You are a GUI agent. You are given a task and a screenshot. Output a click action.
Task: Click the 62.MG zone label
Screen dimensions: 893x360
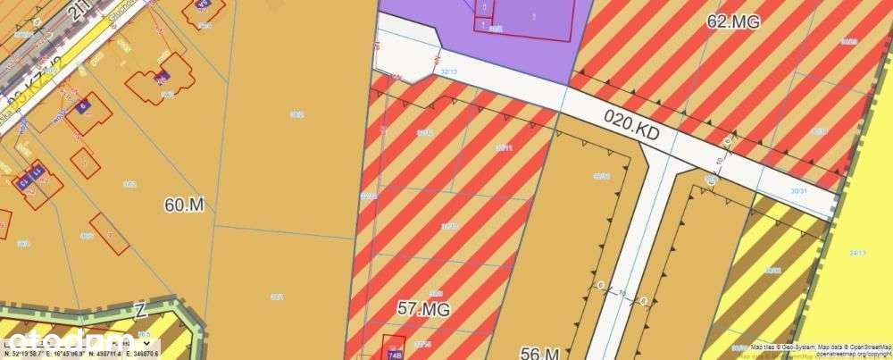pyautogui.click(x=732, y=21)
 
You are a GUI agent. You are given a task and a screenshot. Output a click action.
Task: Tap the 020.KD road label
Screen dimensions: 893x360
pyautogui.click(x=630, y=130)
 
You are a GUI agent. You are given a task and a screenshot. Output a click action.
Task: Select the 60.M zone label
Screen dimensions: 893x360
pyautogui.click(x=185, y=205)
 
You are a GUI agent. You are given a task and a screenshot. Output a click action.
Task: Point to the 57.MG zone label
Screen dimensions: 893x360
pyautogui.click(x=423, y=309)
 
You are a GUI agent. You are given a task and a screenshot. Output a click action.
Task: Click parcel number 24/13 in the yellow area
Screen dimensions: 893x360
pyautogui.click(x=859, y=253)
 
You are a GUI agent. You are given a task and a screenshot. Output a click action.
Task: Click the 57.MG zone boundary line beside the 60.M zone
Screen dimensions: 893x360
pyautogui.click(x=360, y=223)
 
